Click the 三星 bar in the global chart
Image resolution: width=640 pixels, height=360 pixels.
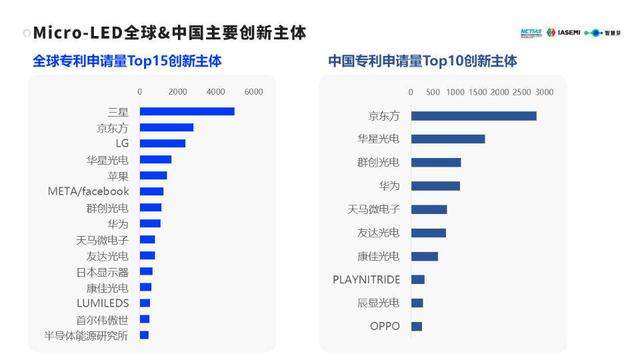[x=187, y=111]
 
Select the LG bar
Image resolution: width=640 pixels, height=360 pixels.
[x=162, y=143]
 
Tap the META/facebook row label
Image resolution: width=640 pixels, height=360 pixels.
[x=88, y=191]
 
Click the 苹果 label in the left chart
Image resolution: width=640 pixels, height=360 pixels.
[x=117, y=175]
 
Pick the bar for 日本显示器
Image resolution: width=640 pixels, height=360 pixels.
[x=146, y=271]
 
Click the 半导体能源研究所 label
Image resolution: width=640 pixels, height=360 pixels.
[x=86, y=335]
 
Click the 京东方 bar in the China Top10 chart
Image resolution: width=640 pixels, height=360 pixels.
[x=473, y=116]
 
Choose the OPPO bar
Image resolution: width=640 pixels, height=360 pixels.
[x=416, y=326]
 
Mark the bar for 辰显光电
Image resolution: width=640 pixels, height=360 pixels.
[x=417, y=302]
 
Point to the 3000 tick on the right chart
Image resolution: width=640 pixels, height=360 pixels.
[x=543, y=92]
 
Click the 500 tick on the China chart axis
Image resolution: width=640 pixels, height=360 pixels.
[x=433, y=92]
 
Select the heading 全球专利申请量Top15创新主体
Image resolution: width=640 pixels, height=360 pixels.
[x=127, y=62]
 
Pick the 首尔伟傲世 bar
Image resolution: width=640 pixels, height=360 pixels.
[x=144, y=319]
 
